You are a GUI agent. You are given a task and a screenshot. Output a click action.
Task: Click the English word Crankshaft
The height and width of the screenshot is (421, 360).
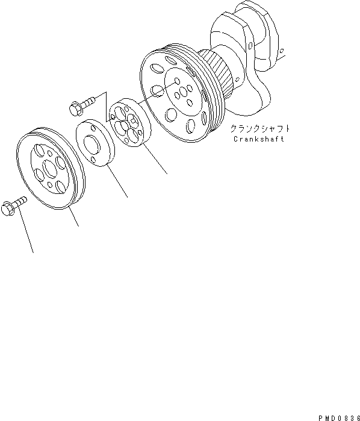[x=259, y=139]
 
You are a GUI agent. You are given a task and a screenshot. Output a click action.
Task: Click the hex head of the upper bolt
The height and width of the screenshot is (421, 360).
[x=75, y=108]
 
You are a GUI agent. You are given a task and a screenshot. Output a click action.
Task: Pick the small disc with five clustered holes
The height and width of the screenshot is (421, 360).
[x=125, y=123]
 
